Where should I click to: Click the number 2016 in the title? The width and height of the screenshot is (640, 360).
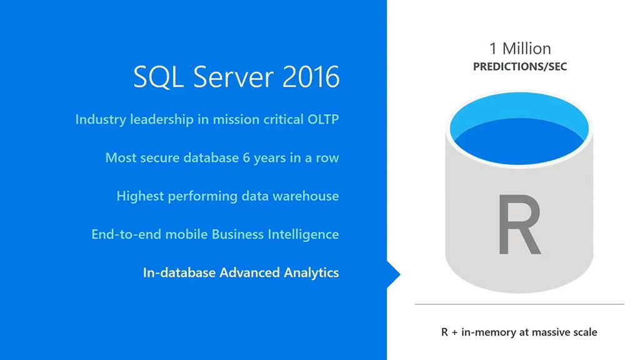tap(311, 77)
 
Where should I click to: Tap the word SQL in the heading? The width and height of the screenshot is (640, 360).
tap(158, 77)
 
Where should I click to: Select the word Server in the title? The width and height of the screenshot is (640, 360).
tap(232, 77)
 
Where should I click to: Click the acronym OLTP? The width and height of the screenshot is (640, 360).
tap(323, 119)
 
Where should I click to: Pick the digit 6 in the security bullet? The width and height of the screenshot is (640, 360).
tap(246, 158)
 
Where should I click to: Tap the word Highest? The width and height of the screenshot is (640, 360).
tap(140, 196)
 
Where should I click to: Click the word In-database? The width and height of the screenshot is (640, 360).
tap(179, 272)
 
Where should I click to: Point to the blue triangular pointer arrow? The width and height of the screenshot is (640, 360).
tap(394, 274)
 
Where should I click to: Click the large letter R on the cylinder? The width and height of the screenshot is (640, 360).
tap(519, 224)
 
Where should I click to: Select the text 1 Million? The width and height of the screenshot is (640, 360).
tap(520, 49)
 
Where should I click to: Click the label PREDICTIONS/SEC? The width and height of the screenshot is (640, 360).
tap(520, 66)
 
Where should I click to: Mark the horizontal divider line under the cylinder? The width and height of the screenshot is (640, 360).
tap(519, 304)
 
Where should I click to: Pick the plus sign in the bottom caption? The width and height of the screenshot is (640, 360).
tap(455, 332)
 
